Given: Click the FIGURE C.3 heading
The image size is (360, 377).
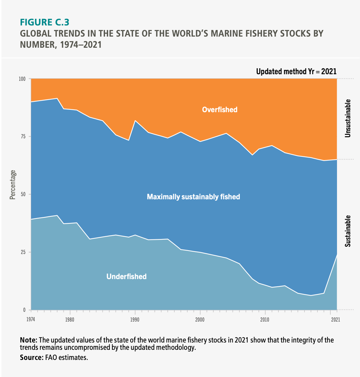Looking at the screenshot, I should (45, 22).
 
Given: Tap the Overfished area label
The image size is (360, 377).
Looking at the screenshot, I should (220, 110).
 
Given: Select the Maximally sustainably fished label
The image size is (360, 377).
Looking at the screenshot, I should (193, 197).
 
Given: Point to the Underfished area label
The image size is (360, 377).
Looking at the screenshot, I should (126, 277).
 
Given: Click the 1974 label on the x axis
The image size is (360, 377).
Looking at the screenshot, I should (31, 319).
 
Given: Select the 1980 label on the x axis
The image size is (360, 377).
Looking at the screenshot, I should (70, 319).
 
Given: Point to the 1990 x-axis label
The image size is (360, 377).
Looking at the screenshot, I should (135, 319).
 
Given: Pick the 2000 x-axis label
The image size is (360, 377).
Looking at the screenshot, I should (200, 319).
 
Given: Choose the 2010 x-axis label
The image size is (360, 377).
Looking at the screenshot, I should (265, 319).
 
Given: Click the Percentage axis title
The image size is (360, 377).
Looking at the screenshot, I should (13, 185).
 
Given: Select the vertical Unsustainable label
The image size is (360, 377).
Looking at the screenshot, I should (347, 118).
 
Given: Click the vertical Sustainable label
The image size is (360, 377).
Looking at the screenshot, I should (347, 231).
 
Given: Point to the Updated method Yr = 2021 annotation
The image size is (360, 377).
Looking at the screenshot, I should (296, 72).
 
